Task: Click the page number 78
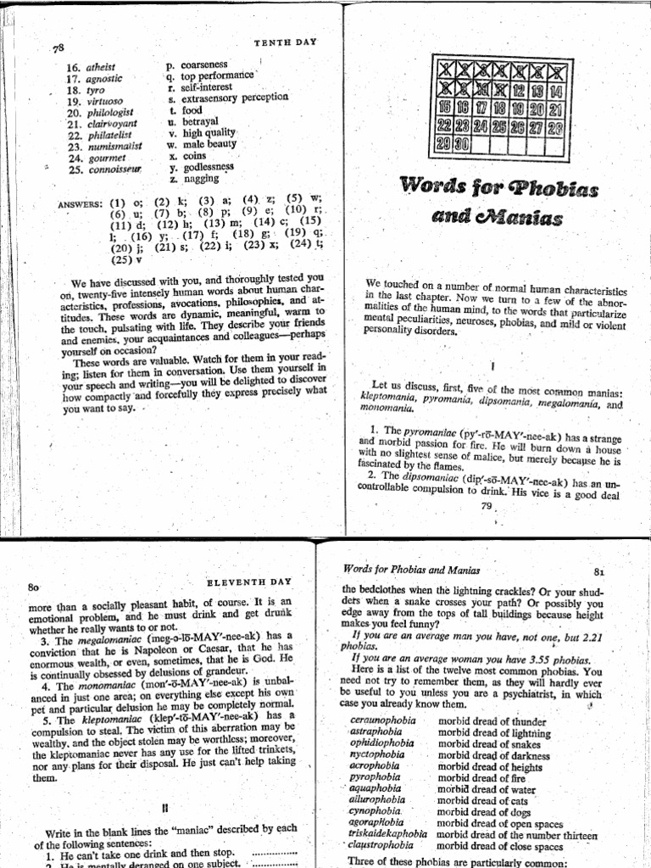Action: [x=58, y=47]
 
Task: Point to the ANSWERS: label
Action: [x=81, y=204]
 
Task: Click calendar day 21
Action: [x=555, y=109]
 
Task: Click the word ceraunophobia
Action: [x=384, y=721]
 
